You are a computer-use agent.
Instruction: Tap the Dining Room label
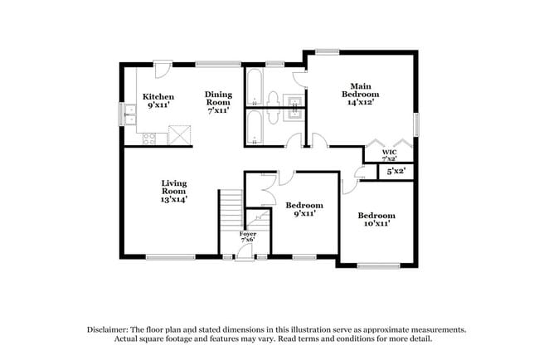218,101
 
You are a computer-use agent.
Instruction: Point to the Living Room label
172,191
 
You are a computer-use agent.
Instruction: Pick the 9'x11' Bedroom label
304,209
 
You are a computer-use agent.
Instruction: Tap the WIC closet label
389,154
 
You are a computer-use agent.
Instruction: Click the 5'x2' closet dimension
395,172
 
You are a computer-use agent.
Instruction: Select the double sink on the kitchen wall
130,114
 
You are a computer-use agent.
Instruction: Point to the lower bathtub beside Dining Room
254,129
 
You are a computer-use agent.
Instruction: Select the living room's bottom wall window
170,257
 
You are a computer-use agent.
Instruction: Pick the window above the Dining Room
218,64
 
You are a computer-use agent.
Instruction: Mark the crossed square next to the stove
179,135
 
